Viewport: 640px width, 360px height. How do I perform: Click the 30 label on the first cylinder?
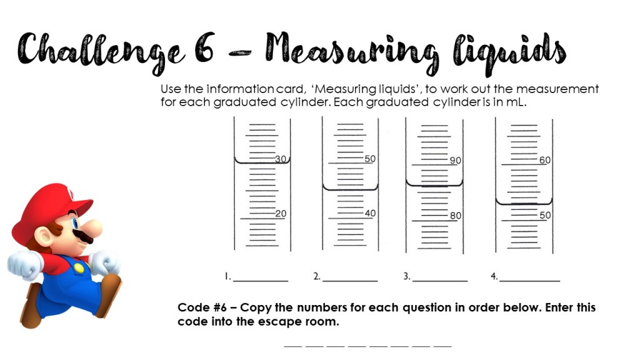pos(281,159)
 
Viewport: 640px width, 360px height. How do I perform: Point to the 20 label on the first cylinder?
pos(281,214)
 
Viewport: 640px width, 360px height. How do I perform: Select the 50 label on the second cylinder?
pos(370,159)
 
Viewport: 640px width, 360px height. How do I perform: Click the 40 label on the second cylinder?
pos(370,214)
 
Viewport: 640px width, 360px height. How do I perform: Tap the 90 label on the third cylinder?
pos(456,161)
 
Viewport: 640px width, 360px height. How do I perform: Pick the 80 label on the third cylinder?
pos(456,216)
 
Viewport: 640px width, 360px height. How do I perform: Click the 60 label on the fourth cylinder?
pos(545,161)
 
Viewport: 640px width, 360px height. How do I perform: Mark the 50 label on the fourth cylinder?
pos(545,216)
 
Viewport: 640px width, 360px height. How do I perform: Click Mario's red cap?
pos(50,203)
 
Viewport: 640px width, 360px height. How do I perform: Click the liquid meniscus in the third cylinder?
pos(434,185)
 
